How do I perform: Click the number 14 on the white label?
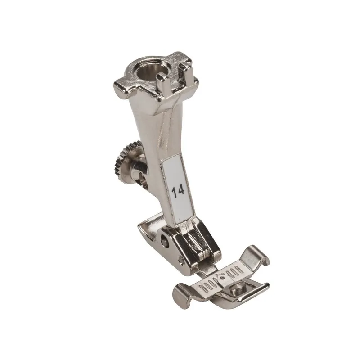[x=178, y=192]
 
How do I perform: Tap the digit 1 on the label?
[x=175, y=193]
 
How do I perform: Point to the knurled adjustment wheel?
[x=121, y=160]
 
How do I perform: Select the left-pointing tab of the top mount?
[x=120, y=88]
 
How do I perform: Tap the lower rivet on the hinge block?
[x=181, y=260]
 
